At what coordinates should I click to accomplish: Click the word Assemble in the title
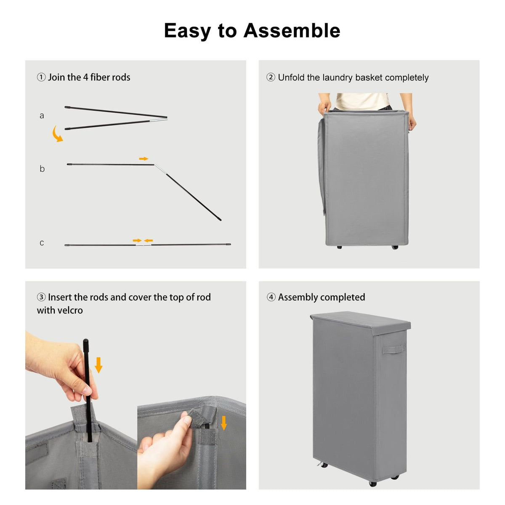[292, 31]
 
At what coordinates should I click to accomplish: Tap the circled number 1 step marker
[41, 77]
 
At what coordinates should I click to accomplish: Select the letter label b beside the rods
[42, 169]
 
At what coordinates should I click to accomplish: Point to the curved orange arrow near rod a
[57, 134]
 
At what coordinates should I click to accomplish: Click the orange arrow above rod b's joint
[144, 159]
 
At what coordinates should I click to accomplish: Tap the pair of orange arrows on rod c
[143, 241]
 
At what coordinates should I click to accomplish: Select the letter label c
[42, 243]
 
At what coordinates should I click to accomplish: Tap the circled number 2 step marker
[271, 77]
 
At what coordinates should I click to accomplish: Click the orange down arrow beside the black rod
[98, 365]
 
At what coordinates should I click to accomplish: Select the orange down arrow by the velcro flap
[224, 423]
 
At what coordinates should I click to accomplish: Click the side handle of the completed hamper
[394, 349]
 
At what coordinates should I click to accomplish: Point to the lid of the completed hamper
[360, 322]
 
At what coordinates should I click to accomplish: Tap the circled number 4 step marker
[271, 298]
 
